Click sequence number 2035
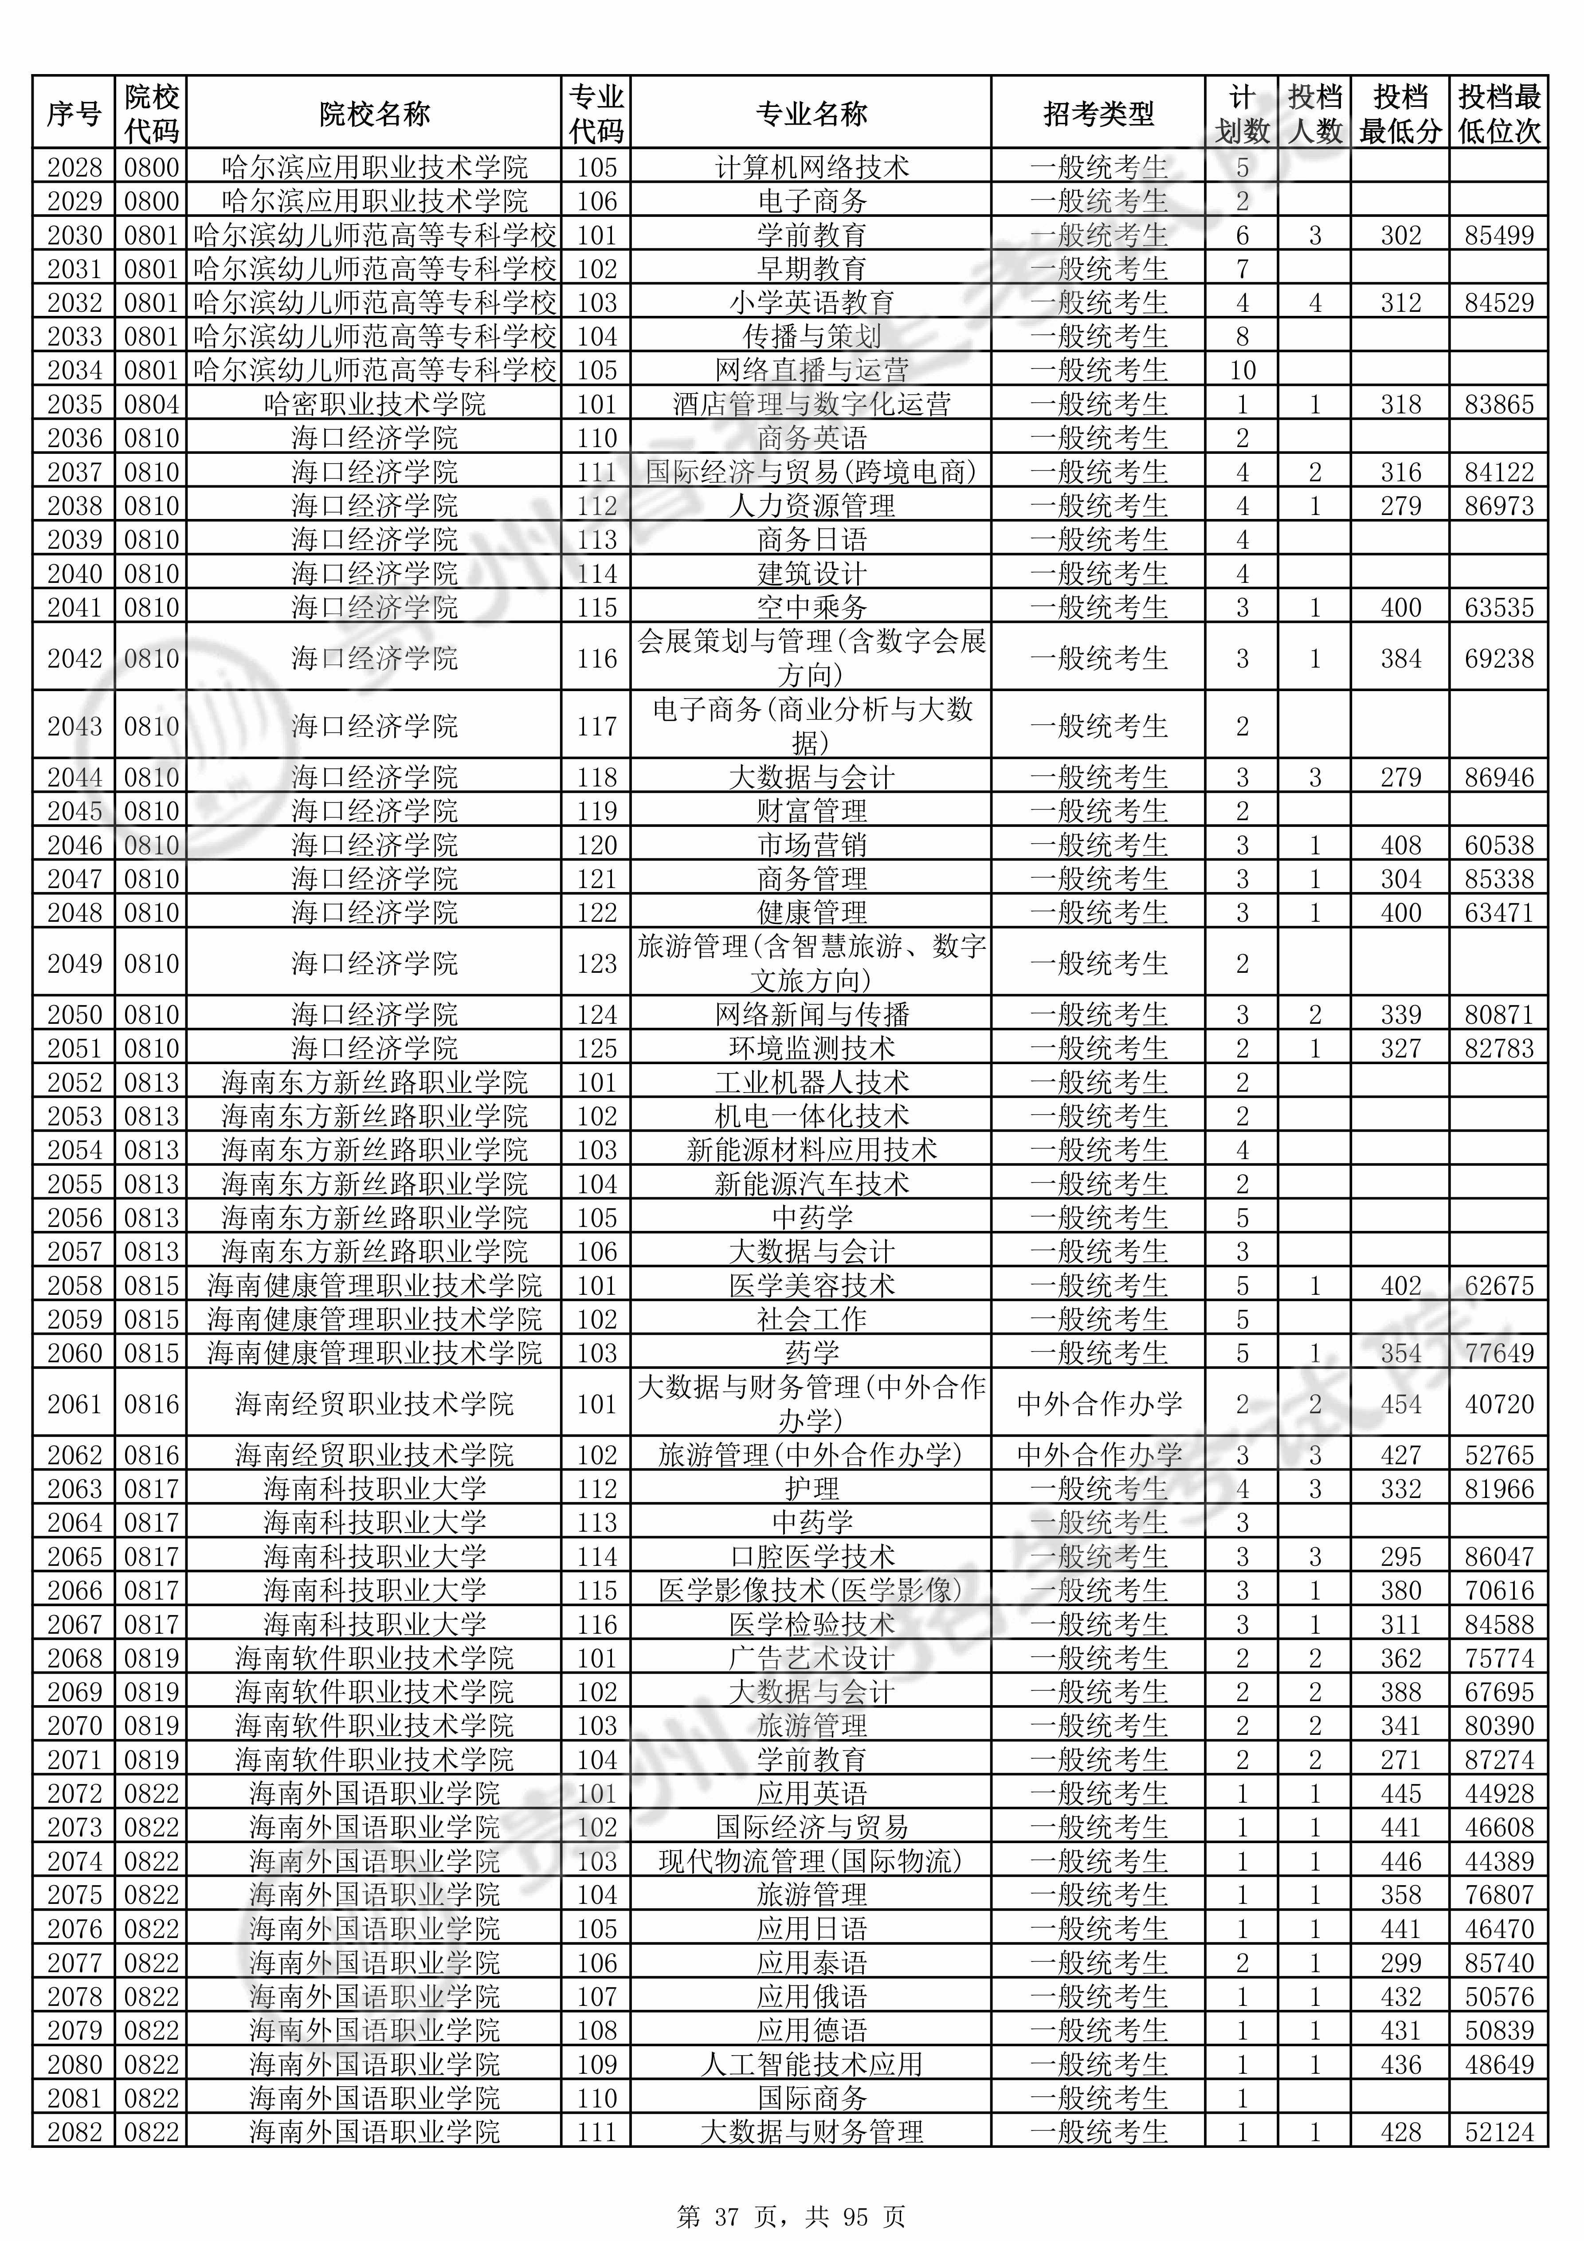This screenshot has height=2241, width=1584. [74, 404]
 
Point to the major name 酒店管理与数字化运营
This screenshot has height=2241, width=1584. [811, 404]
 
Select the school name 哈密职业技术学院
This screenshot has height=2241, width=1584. [374, 404]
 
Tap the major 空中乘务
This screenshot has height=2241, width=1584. [811, 607]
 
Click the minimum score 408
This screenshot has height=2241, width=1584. [1400, 845]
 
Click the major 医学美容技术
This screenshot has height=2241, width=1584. [811, 1286]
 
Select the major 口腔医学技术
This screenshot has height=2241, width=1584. [811, 1557]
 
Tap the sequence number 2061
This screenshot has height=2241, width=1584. [74, 1404]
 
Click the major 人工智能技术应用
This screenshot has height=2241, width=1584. [811, 2064]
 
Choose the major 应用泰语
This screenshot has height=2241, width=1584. [811, 1963]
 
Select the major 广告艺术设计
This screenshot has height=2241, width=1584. [811, 1658]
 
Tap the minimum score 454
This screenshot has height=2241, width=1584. [1400, 1404]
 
